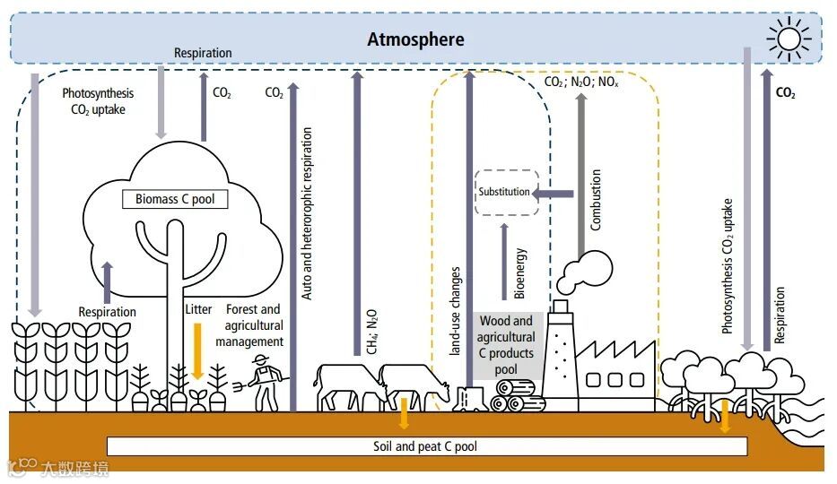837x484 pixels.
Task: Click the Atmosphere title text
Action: (416, 39)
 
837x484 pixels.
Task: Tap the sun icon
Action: (789, 39)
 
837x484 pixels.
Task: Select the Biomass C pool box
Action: (175, 199)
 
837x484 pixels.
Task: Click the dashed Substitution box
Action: (506, 192)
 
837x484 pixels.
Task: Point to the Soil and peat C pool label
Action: (426, 446)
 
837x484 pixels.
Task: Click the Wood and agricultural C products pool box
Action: (506, 344)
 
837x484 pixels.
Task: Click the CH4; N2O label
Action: (371, 332)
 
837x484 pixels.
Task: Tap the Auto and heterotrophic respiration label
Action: (307, 212)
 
